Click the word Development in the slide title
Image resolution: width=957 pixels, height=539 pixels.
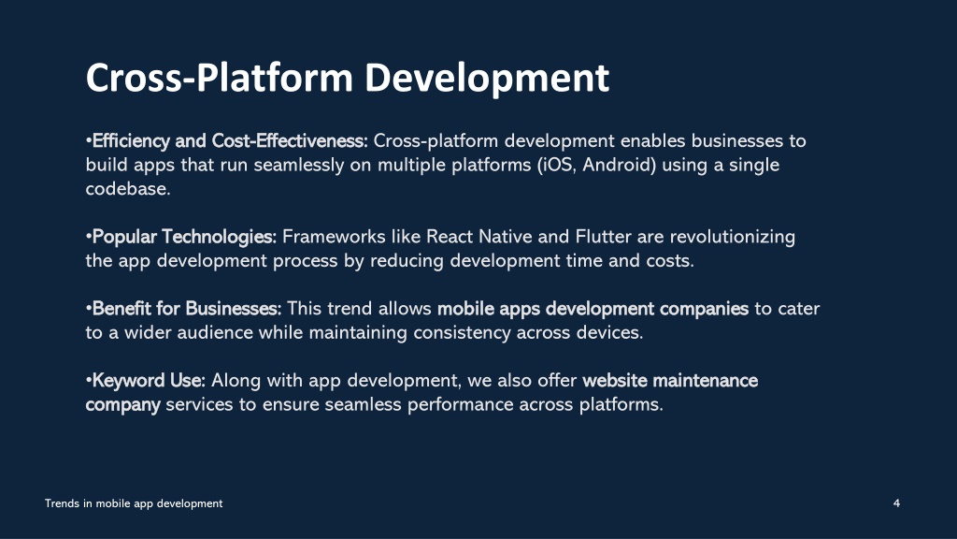(x=487, y=79)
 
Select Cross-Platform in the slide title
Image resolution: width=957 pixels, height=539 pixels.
(x=220, y=78)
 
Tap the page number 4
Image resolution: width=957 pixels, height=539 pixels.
(x=896, y=503)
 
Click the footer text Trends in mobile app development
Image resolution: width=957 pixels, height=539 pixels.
(x=134, y=503)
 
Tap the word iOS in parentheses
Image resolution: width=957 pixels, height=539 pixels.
(x=557, y=165)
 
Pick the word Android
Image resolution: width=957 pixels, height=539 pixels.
(x=617, y=165)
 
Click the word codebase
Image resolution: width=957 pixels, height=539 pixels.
(x=126, y=189)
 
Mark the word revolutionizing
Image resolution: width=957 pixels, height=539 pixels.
(x=733, y=237)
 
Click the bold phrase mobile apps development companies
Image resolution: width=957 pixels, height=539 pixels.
(x=593, y=309)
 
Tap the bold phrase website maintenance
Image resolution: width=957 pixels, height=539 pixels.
(x=670, y=381)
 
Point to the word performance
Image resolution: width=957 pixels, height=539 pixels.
(x=460, y=404)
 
